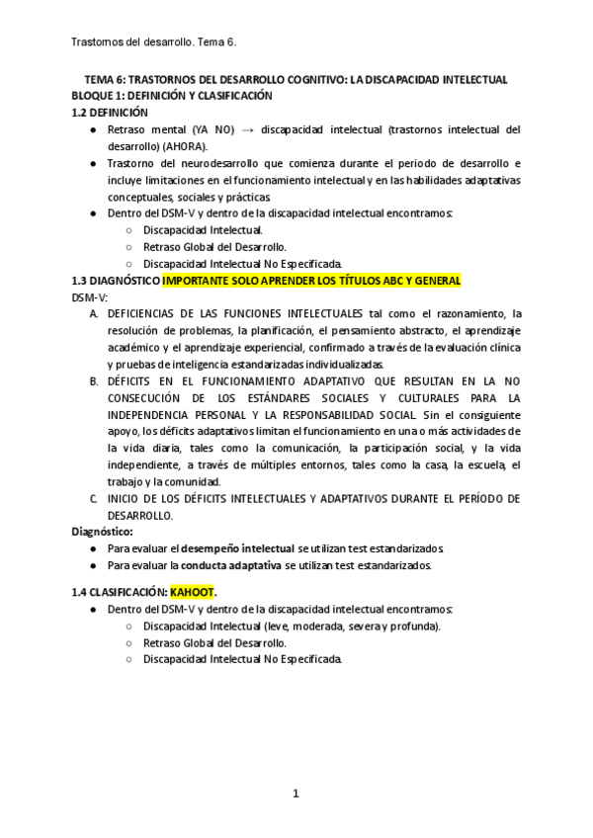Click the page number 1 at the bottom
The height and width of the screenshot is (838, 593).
point(296,793)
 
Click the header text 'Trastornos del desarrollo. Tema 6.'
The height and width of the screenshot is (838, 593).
point(154,42)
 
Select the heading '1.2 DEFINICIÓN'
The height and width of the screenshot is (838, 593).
point(111,112)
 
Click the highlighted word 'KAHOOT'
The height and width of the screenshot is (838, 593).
point(192,592)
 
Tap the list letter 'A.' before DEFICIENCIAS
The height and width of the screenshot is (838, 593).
point(94,313)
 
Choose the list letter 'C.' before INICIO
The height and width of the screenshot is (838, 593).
point(94,498)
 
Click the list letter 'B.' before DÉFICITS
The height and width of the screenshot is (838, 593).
point(94,380)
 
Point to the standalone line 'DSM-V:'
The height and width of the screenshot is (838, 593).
point(90,296)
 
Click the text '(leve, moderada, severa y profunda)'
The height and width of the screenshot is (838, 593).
point(353,626)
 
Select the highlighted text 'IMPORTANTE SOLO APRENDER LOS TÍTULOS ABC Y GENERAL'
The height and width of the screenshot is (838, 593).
point(311,281)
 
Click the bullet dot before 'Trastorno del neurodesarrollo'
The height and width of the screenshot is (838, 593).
point(92,163)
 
